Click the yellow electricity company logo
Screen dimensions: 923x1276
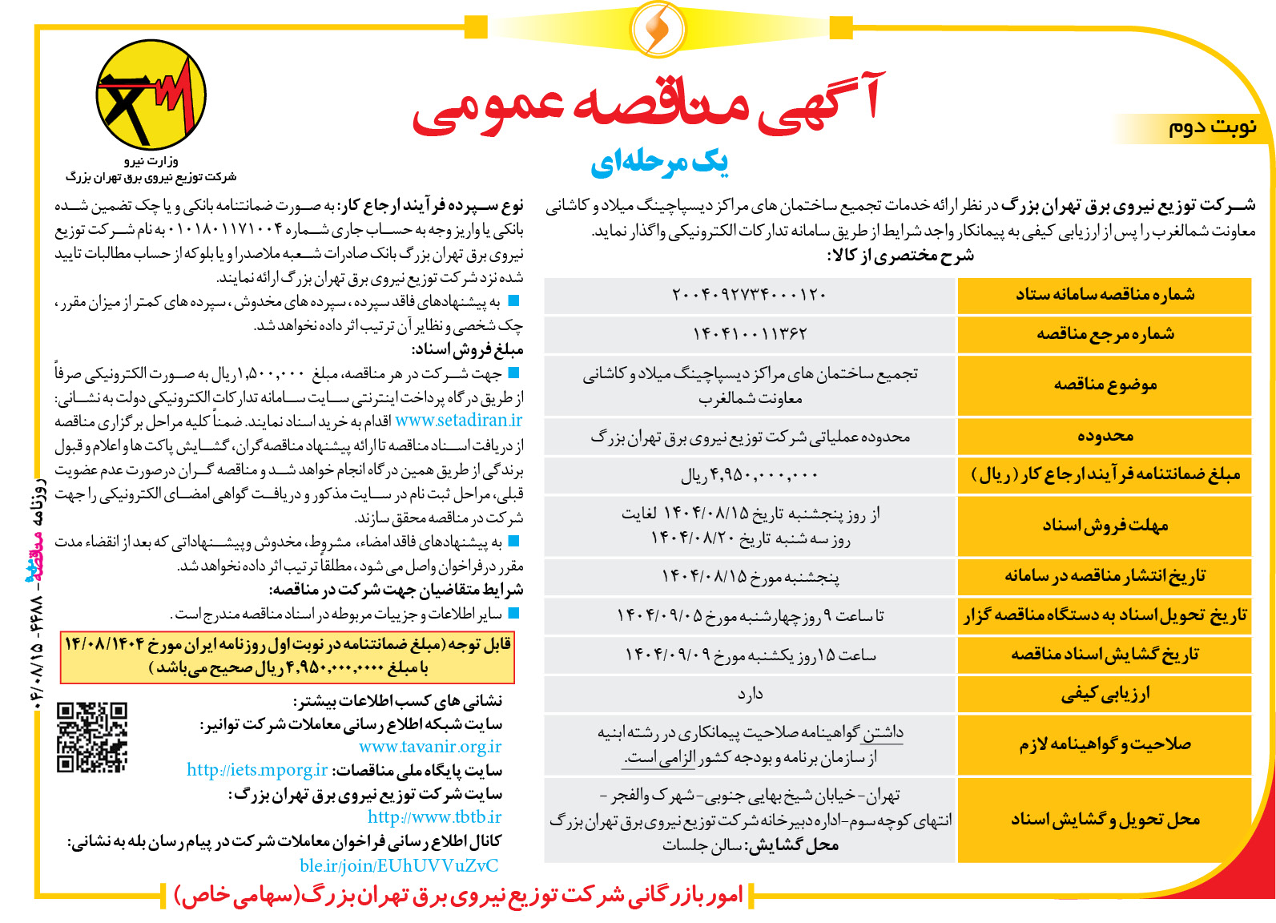(x=151, y=95)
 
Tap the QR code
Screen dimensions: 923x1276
(x=92, y=737)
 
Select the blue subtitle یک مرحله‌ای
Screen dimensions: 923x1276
(x=659, y=163)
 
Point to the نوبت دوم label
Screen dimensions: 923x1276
(x=1211, y=127)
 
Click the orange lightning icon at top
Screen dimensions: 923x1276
(x=658, y=29)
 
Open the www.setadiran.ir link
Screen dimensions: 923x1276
(x=458, y=421)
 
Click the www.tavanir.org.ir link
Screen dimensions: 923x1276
(x=430, y=747)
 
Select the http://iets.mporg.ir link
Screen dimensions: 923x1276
(x=257, y=770)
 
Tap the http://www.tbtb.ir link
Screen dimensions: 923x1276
(x=434, y=817)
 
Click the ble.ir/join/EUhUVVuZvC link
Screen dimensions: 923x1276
(x=399, y=865)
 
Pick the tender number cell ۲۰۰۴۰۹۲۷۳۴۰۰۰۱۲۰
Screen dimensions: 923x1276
(x=750, y=295)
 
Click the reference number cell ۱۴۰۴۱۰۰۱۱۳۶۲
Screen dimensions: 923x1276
(x=750, y=334)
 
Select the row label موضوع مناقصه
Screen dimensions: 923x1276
(x=1105, y=385)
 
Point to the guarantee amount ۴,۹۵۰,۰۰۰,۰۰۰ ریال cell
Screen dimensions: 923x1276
(x=750, y=475)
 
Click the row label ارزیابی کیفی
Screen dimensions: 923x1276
(x=1105, y=694)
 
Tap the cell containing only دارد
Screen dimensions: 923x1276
(x=750, y=694)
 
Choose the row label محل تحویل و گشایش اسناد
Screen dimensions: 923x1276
(x=1105, y=819)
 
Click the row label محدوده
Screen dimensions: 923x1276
(x=1105, y=436)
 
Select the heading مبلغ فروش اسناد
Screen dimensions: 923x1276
(x=467, y=349)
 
